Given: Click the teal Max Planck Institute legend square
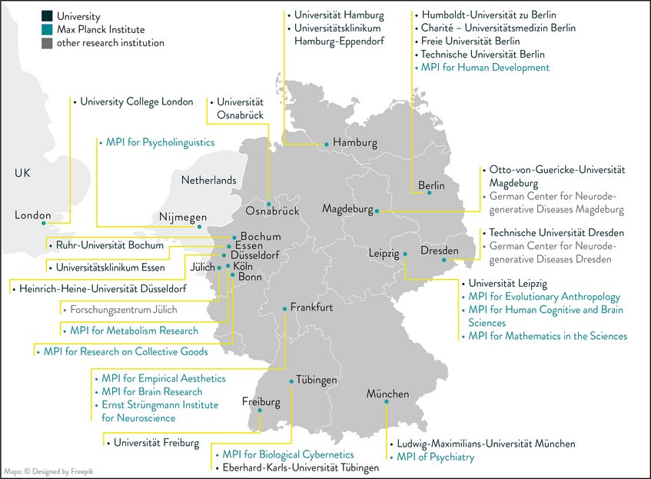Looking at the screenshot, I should pos(47,28).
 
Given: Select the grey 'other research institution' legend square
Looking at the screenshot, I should pos(47,43).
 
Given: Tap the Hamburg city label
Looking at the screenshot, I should pos(355,143).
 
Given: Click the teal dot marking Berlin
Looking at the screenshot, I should pos(430,193).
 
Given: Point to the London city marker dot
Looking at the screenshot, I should pos(44,223).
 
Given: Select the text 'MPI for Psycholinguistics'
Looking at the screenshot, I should pos(160,142).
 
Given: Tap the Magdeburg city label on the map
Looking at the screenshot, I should pos(347,208).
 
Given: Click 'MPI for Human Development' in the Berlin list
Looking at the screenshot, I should pos(485,68).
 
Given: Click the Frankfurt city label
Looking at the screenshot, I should pos(311,308).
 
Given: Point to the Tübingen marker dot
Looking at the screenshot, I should pos(292,381).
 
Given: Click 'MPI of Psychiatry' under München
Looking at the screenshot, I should pos(436,457).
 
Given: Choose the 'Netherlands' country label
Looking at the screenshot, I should pos(208,180).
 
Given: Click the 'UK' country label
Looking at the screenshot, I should pos(22,175).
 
